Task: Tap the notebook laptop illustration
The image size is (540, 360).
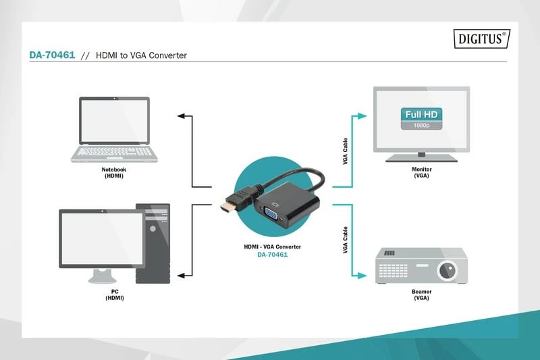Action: tap(115, 130)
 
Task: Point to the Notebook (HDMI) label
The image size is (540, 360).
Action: tap(114, 172)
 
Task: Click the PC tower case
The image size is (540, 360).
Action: tap(153, 243)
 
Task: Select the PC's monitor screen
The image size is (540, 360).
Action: tap(101, 238)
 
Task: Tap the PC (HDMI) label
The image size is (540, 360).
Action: tap(114, 294)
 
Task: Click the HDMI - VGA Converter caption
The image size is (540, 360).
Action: tap(272, 247)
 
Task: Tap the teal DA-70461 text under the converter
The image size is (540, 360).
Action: tap(272, 255)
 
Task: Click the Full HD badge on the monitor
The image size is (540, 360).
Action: tap(421, 114)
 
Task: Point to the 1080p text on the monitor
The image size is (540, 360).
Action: tap(421, 126)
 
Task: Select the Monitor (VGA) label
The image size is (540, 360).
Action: tap(421, 172)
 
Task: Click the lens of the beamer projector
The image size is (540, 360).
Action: tap(447, 271)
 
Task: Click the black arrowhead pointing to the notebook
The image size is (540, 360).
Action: tap(181, 116)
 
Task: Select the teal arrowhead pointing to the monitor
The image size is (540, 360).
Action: tap(363, 116)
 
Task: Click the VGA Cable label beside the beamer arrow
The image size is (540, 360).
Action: tap(346, 240)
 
